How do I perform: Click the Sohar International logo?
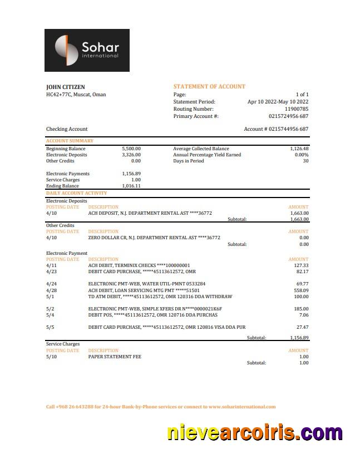87,50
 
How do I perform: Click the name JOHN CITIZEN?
65,87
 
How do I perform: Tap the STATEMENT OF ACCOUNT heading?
209,87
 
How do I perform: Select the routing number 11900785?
297,109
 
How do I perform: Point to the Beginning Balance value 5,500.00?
131,149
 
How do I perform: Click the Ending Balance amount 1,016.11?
131,186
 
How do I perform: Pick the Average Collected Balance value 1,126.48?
299,149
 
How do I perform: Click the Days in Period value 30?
305,161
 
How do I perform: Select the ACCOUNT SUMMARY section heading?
70,141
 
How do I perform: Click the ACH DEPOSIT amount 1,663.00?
299,213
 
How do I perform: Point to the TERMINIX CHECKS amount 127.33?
301,265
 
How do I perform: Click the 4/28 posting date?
51,290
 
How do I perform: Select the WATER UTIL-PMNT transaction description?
147,284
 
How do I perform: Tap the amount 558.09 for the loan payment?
301,290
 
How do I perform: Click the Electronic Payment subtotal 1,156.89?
299,338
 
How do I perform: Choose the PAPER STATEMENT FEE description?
115,357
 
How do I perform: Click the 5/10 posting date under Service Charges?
51,357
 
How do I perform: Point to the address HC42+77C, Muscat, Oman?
76,95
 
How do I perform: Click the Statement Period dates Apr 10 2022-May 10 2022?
278,102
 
